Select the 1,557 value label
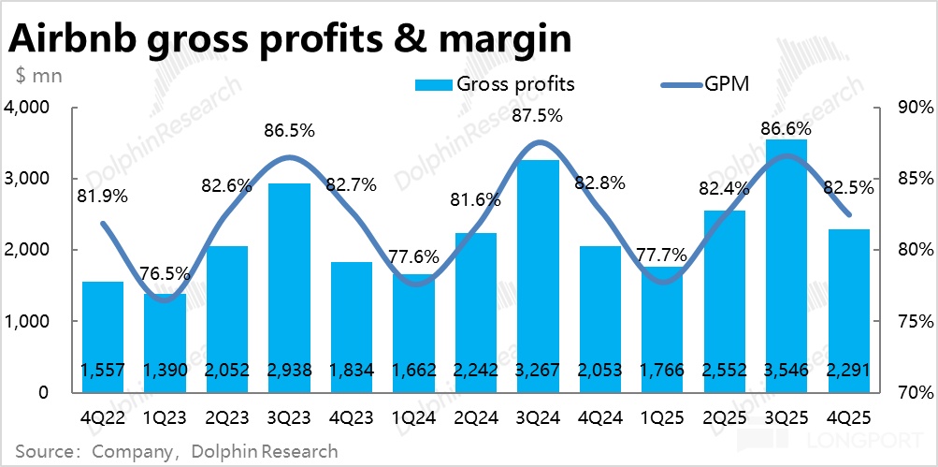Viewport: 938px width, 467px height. [x=102, y=370]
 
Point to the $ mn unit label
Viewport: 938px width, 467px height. [x=37, y=75]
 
